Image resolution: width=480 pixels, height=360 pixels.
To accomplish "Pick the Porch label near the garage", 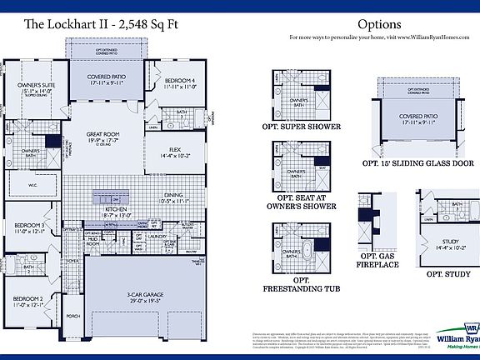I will click(73, 317).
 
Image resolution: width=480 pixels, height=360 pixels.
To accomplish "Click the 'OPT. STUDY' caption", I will click(449, 273).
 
